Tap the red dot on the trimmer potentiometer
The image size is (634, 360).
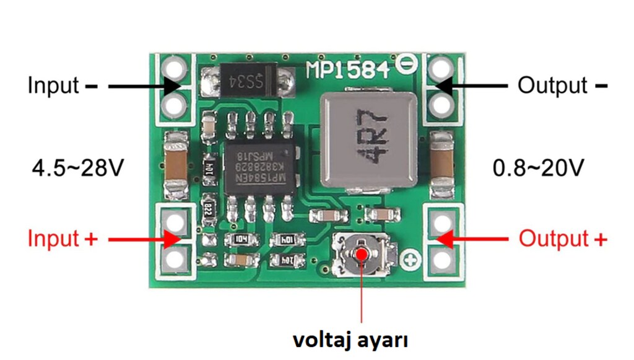point(361,253)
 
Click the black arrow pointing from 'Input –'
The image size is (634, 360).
point(142,86)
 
